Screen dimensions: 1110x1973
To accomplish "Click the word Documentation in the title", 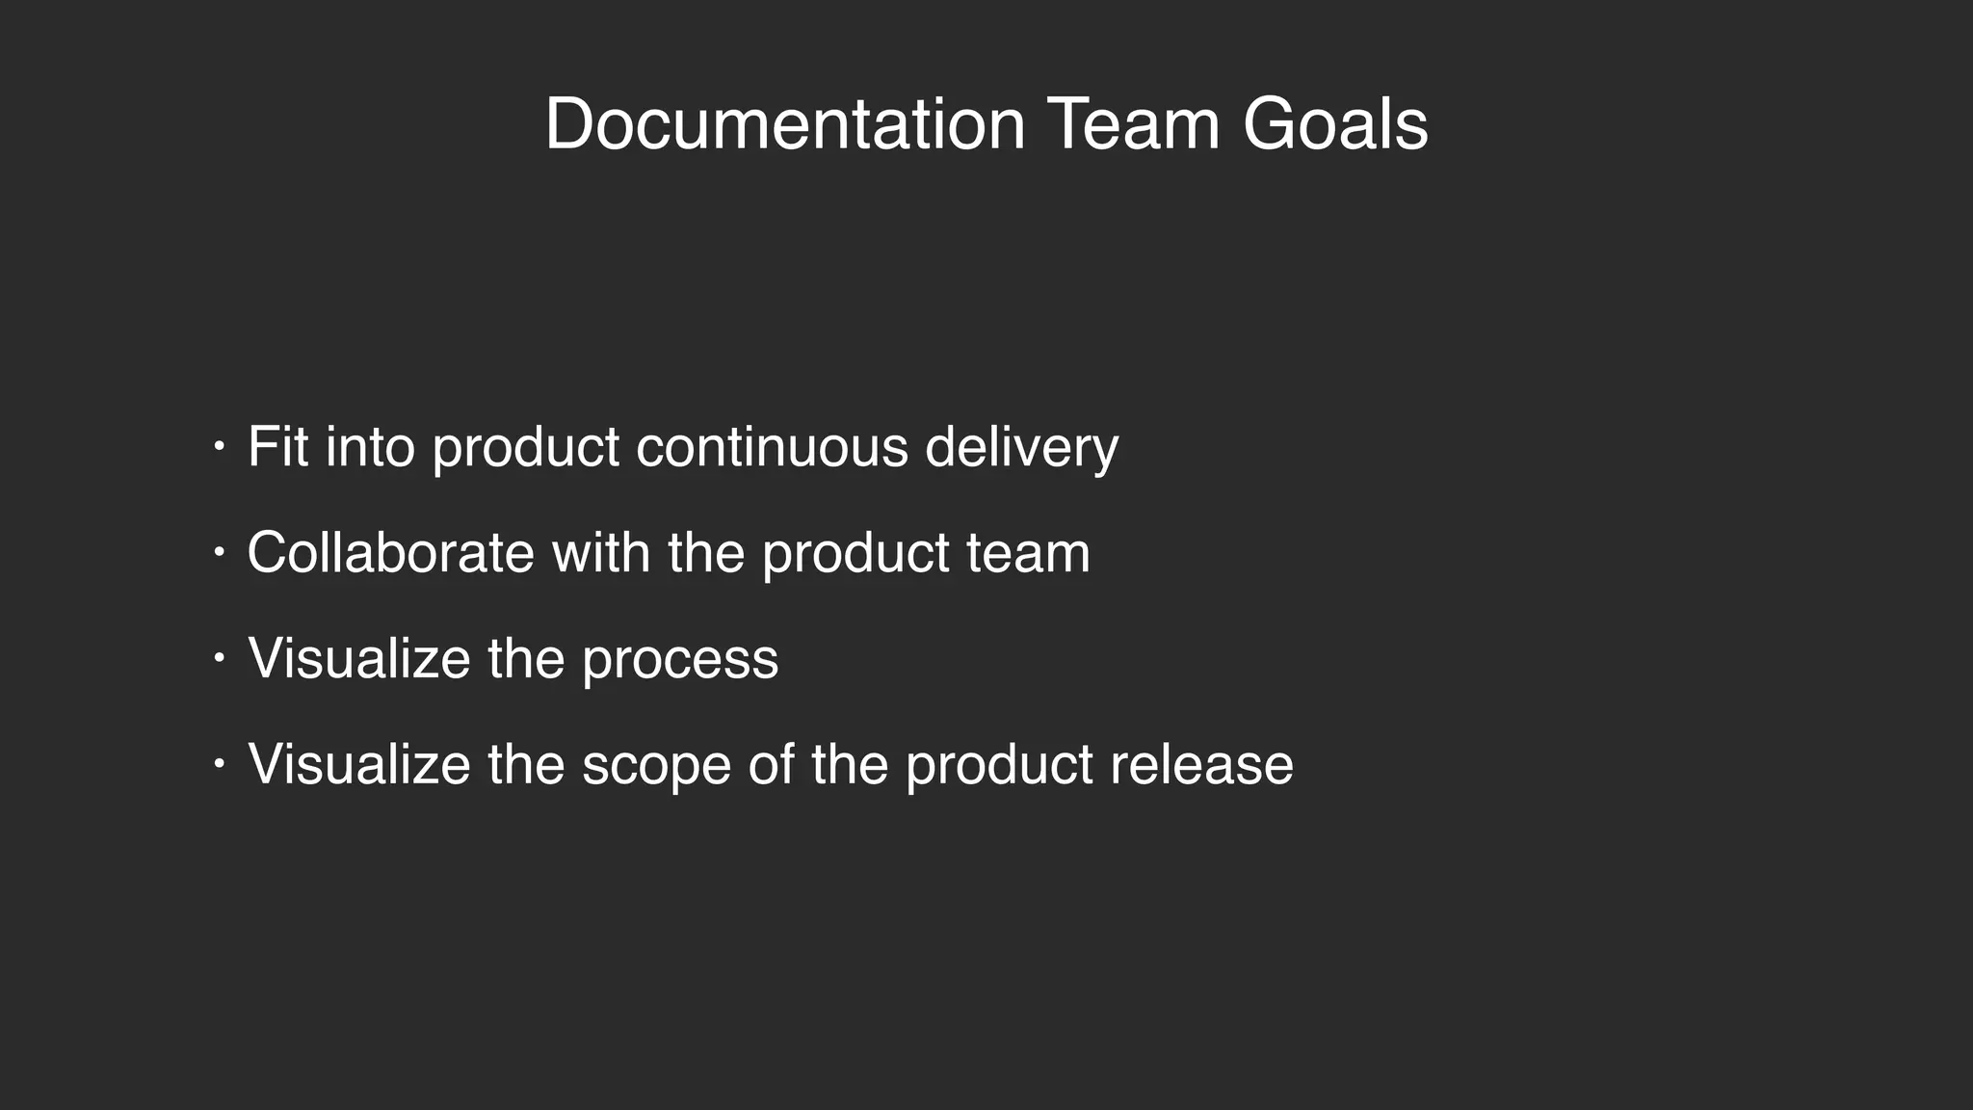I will tap(784, 125).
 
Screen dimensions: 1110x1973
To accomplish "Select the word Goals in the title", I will tap(1334, 125).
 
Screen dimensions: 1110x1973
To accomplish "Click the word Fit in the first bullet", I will tap(277, 447).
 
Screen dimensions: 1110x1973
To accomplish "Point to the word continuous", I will tap(772, 447).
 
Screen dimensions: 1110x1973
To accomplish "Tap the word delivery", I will tap(1021, 449).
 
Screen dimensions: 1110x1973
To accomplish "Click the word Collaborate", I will tap(390, 553).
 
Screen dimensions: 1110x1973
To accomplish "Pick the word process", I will tap(680, 661).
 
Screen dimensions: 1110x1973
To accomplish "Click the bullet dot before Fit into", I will tap(219, 447).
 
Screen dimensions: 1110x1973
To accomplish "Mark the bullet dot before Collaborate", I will tap(219, 553).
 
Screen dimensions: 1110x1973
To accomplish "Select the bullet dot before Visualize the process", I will tap(219, 659).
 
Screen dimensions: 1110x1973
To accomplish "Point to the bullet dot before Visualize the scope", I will tap(219, 765).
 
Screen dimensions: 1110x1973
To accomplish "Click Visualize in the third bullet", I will tap(359, 659).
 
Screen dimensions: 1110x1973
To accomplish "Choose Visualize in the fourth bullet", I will tap(359, 765).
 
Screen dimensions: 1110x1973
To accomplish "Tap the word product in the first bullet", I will tap(525, 449).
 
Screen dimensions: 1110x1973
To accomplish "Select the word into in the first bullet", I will tap(370, 447).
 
